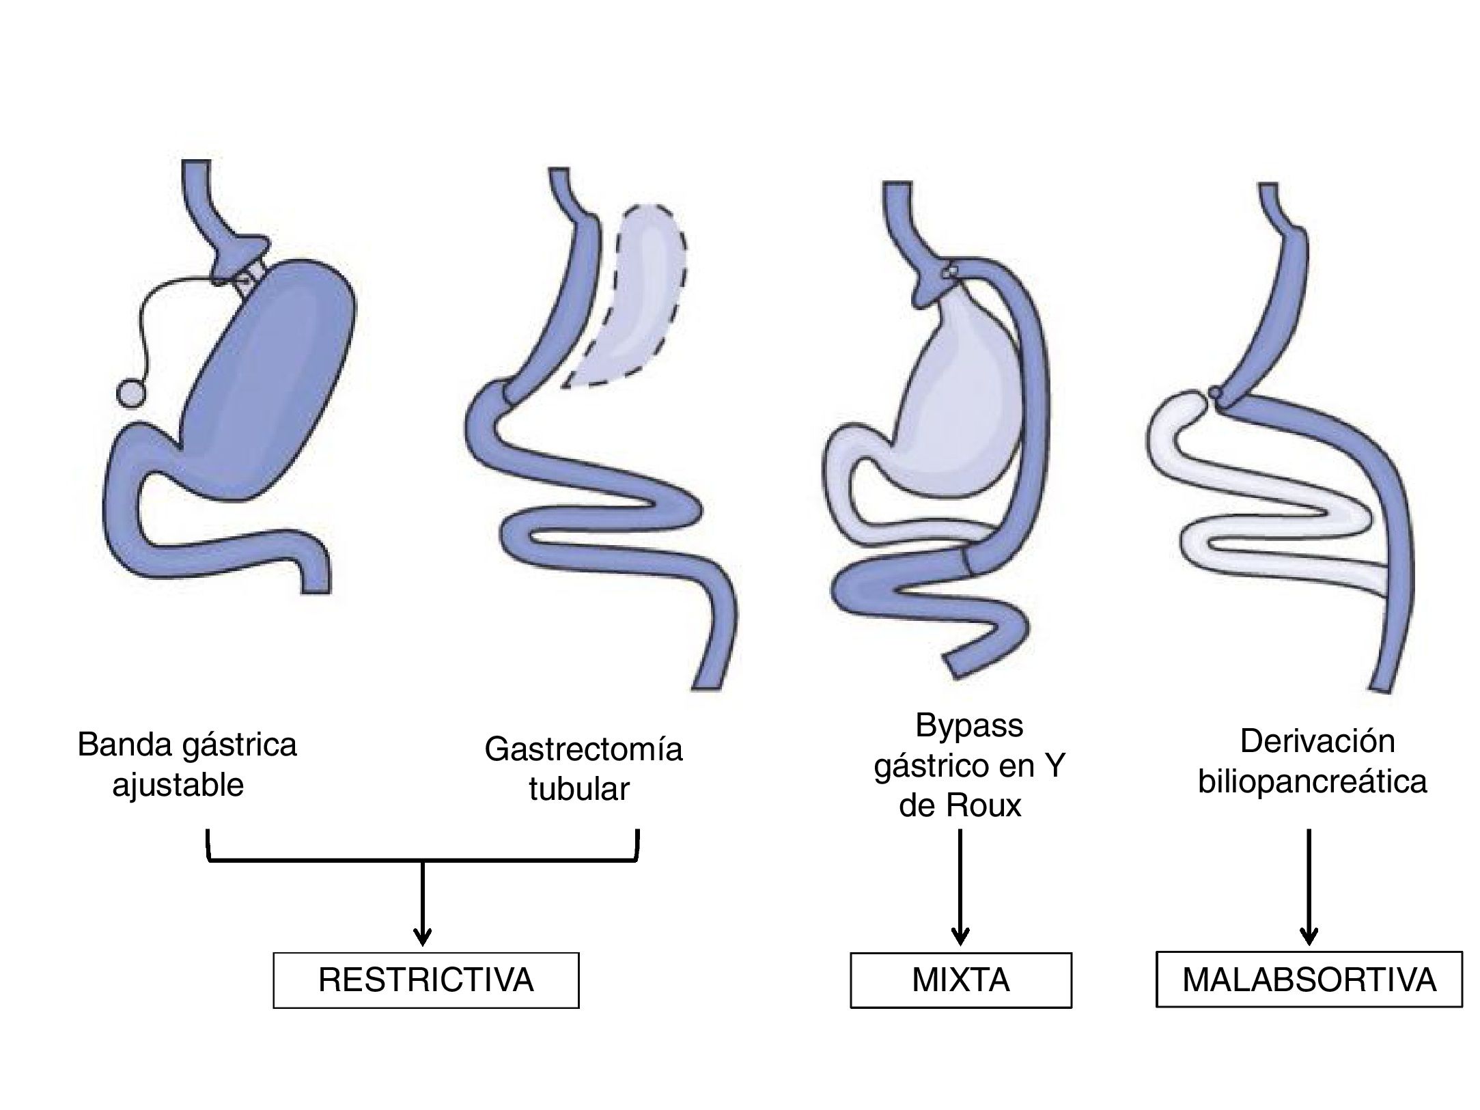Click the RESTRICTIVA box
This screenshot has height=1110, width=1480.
click(425, 980)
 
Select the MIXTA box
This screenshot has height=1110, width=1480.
click(960, 980)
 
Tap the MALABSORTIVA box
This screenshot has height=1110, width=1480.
click(1309, 980)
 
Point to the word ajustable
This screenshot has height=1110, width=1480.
click(178, 785)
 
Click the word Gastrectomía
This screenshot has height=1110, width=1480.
click(583, 749)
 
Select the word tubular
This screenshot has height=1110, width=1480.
click(578, 790)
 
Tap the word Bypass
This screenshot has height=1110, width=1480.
click(969, 726)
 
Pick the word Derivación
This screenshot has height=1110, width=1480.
click(1317, 742)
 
